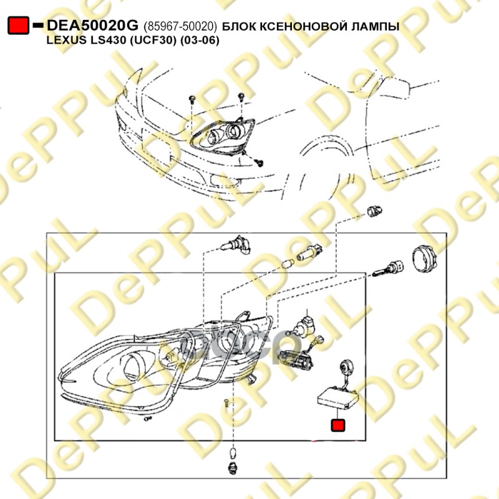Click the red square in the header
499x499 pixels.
coord(19,25)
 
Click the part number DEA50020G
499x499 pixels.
coord(92,25)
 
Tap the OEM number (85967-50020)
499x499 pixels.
coord(180,26)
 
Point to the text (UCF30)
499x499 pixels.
coord(152,41)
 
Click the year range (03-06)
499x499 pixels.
coord(200,41)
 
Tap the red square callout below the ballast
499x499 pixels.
coord(337,425)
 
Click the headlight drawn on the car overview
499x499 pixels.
coord(223,137)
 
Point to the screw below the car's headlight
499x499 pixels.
coord(259,163)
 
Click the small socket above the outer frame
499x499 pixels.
coord(374,211)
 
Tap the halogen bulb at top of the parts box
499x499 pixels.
coord(236,245)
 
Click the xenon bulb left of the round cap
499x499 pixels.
coord(387,268)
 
